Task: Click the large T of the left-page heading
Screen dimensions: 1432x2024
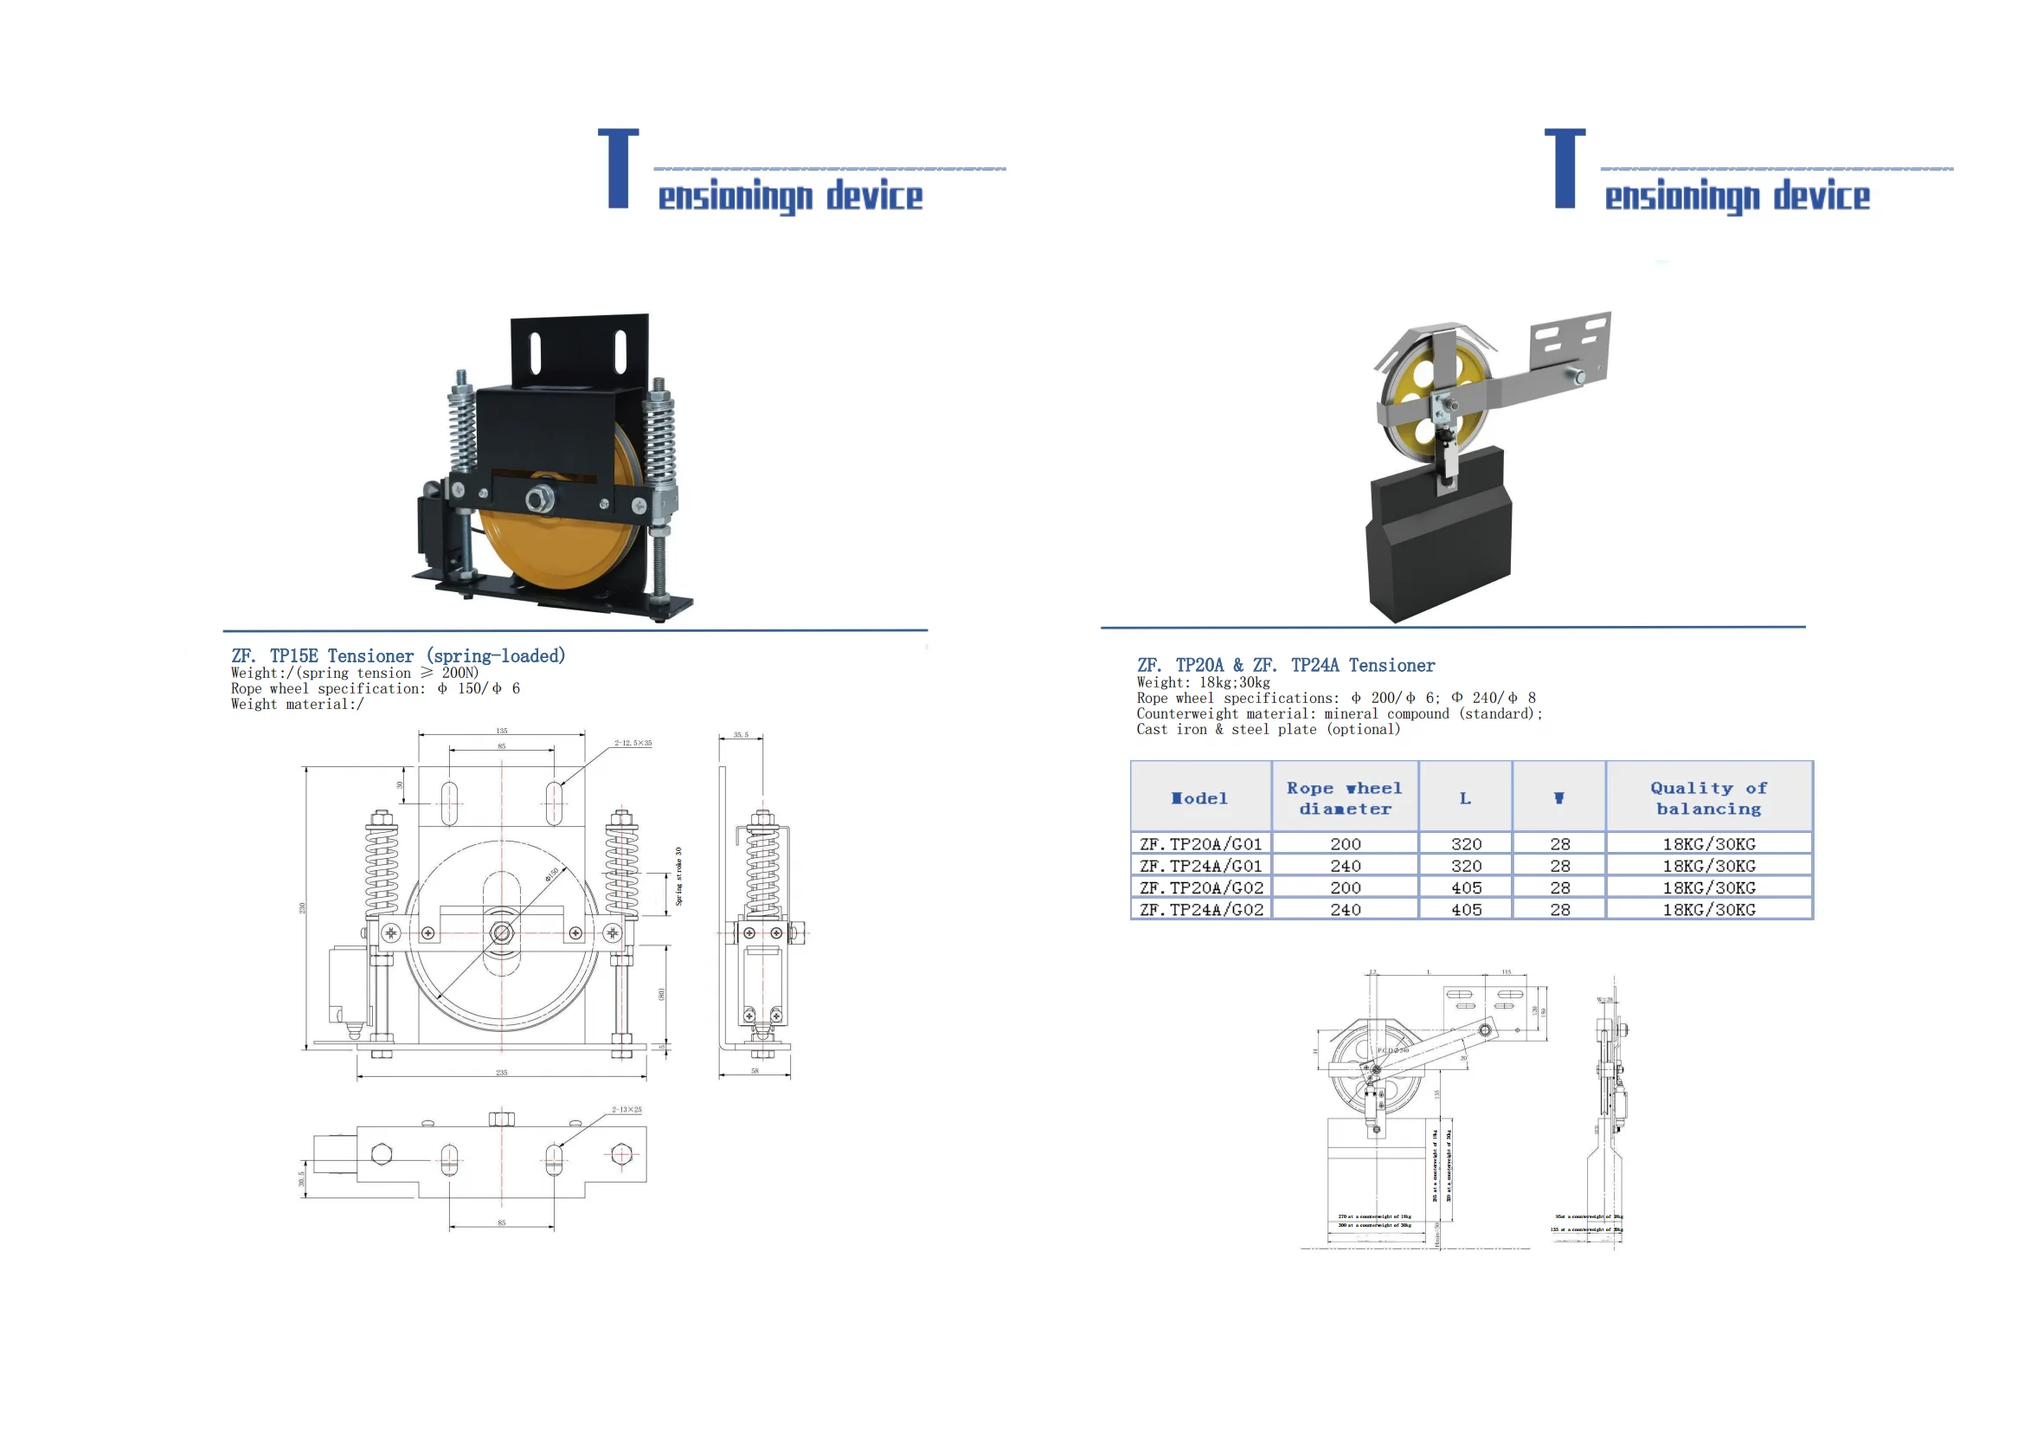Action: (618, 169)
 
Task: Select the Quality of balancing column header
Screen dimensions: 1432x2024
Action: (1708, 798)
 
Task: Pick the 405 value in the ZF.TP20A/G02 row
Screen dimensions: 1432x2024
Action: (1466, 888)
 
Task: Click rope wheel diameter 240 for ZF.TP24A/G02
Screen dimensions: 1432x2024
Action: (1346, 910)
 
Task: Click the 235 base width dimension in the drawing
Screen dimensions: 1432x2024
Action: (502, 1072)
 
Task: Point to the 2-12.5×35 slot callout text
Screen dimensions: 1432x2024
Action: (633, 744)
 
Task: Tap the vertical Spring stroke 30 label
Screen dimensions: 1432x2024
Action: (678, 876)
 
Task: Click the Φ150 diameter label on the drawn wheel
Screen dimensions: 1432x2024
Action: (552, 874)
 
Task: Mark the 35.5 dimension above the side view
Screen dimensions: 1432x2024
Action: (741, 734)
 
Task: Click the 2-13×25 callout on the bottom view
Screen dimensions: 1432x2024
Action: (626, 1109)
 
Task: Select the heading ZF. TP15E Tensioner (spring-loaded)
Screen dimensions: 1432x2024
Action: (398, 656)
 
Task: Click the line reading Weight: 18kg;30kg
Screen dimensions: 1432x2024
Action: (1204, 682)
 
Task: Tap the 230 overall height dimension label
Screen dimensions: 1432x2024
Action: (301, 908)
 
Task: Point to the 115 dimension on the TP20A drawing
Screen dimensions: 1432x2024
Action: (1507, 971)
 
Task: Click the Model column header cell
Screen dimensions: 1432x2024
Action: (1199, 798)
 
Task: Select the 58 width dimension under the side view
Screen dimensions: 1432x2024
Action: (755, 1071)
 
